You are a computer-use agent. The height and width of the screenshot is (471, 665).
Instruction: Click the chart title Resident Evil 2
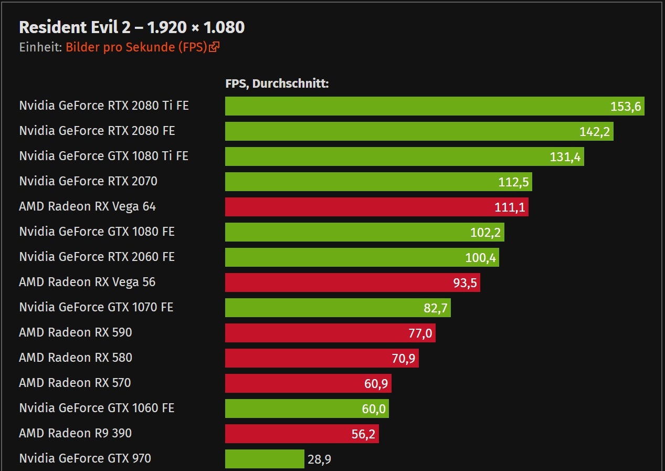(131, 27)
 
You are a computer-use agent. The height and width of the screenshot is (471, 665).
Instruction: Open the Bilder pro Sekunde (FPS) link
(135, 47)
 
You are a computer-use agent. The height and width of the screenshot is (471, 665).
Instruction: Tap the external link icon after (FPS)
(214, 47)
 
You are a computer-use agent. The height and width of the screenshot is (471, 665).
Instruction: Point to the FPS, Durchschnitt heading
(277, 83)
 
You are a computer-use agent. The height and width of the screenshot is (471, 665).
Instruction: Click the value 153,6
(626, 107)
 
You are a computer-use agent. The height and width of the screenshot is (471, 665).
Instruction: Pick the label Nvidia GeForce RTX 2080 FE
(97, 131)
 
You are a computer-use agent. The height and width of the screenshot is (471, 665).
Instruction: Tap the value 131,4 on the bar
(565, 156)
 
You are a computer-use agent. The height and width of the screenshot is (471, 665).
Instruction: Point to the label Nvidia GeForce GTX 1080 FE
(97, 232)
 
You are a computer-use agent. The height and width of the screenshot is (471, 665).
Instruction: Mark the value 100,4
(480, 258)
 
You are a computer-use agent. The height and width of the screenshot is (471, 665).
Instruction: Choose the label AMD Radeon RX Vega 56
(87, 282)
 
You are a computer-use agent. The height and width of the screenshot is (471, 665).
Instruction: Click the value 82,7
(436, 308)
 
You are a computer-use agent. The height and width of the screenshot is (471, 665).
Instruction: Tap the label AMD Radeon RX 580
(76, 358)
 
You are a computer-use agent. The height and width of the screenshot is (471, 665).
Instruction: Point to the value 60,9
(376, 384)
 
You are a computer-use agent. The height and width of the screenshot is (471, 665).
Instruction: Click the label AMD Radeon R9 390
(75, 433)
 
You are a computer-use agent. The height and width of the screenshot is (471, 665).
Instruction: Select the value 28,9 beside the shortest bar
(319, 459)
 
